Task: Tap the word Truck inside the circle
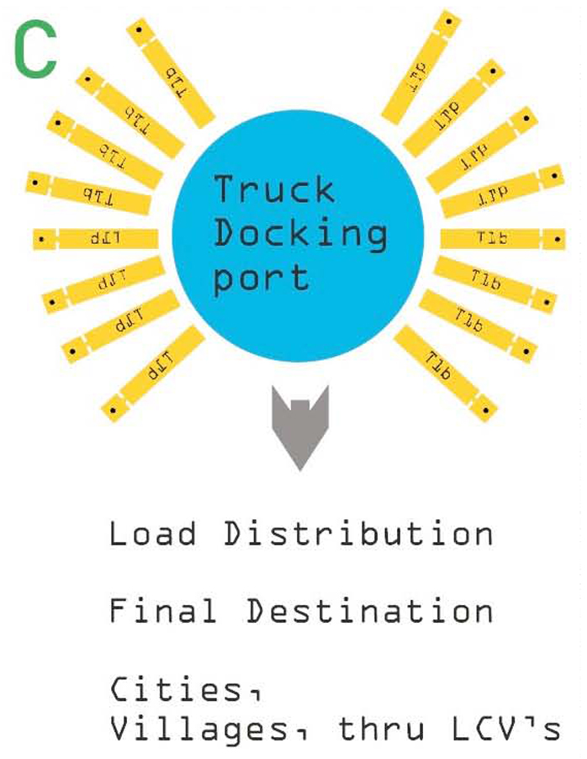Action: [274, 189]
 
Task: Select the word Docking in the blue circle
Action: [300, 234]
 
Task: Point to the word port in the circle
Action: [261, 278]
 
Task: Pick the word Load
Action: [153, 534]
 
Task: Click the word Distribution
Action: [357, 534]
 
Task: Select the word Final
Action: [163, 611]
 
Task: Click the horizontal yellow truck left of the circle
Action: [96, 239]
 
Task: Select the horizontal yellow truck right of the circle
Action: [502, 239]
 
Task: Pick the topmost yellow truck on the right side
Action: [422, 66]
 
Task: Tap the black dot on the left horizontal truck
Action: [41, 240]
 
